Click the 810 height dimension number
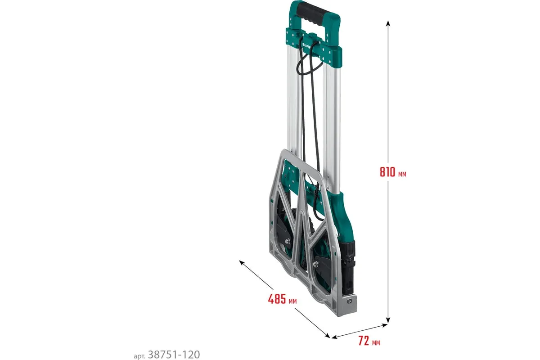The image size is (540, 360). pos(387,172)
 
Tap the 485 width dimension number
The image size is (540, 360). pos(277,299)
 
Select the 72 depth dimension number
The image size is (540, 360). pos(364,341)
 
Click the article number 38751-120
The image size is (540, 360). pos(174,355)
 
